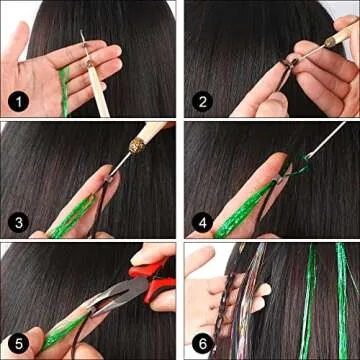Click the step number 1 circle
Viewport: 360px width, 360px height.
click(x=18, y=101)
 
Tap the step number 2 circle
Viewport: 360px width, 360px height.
click(x=201, y=101)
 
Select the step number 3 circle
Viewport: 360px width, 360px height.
click(x=18, y=221)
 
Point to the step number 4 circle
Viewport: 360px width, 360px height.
click(x=201, y=221)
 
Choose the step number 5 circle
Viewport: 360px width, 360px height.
click(x=18, y=341)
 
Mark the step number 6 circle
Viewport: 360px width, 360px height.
click(x=201, y=341)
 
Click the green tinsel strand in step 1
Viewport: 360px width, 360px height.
click(x=64, y=85)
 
